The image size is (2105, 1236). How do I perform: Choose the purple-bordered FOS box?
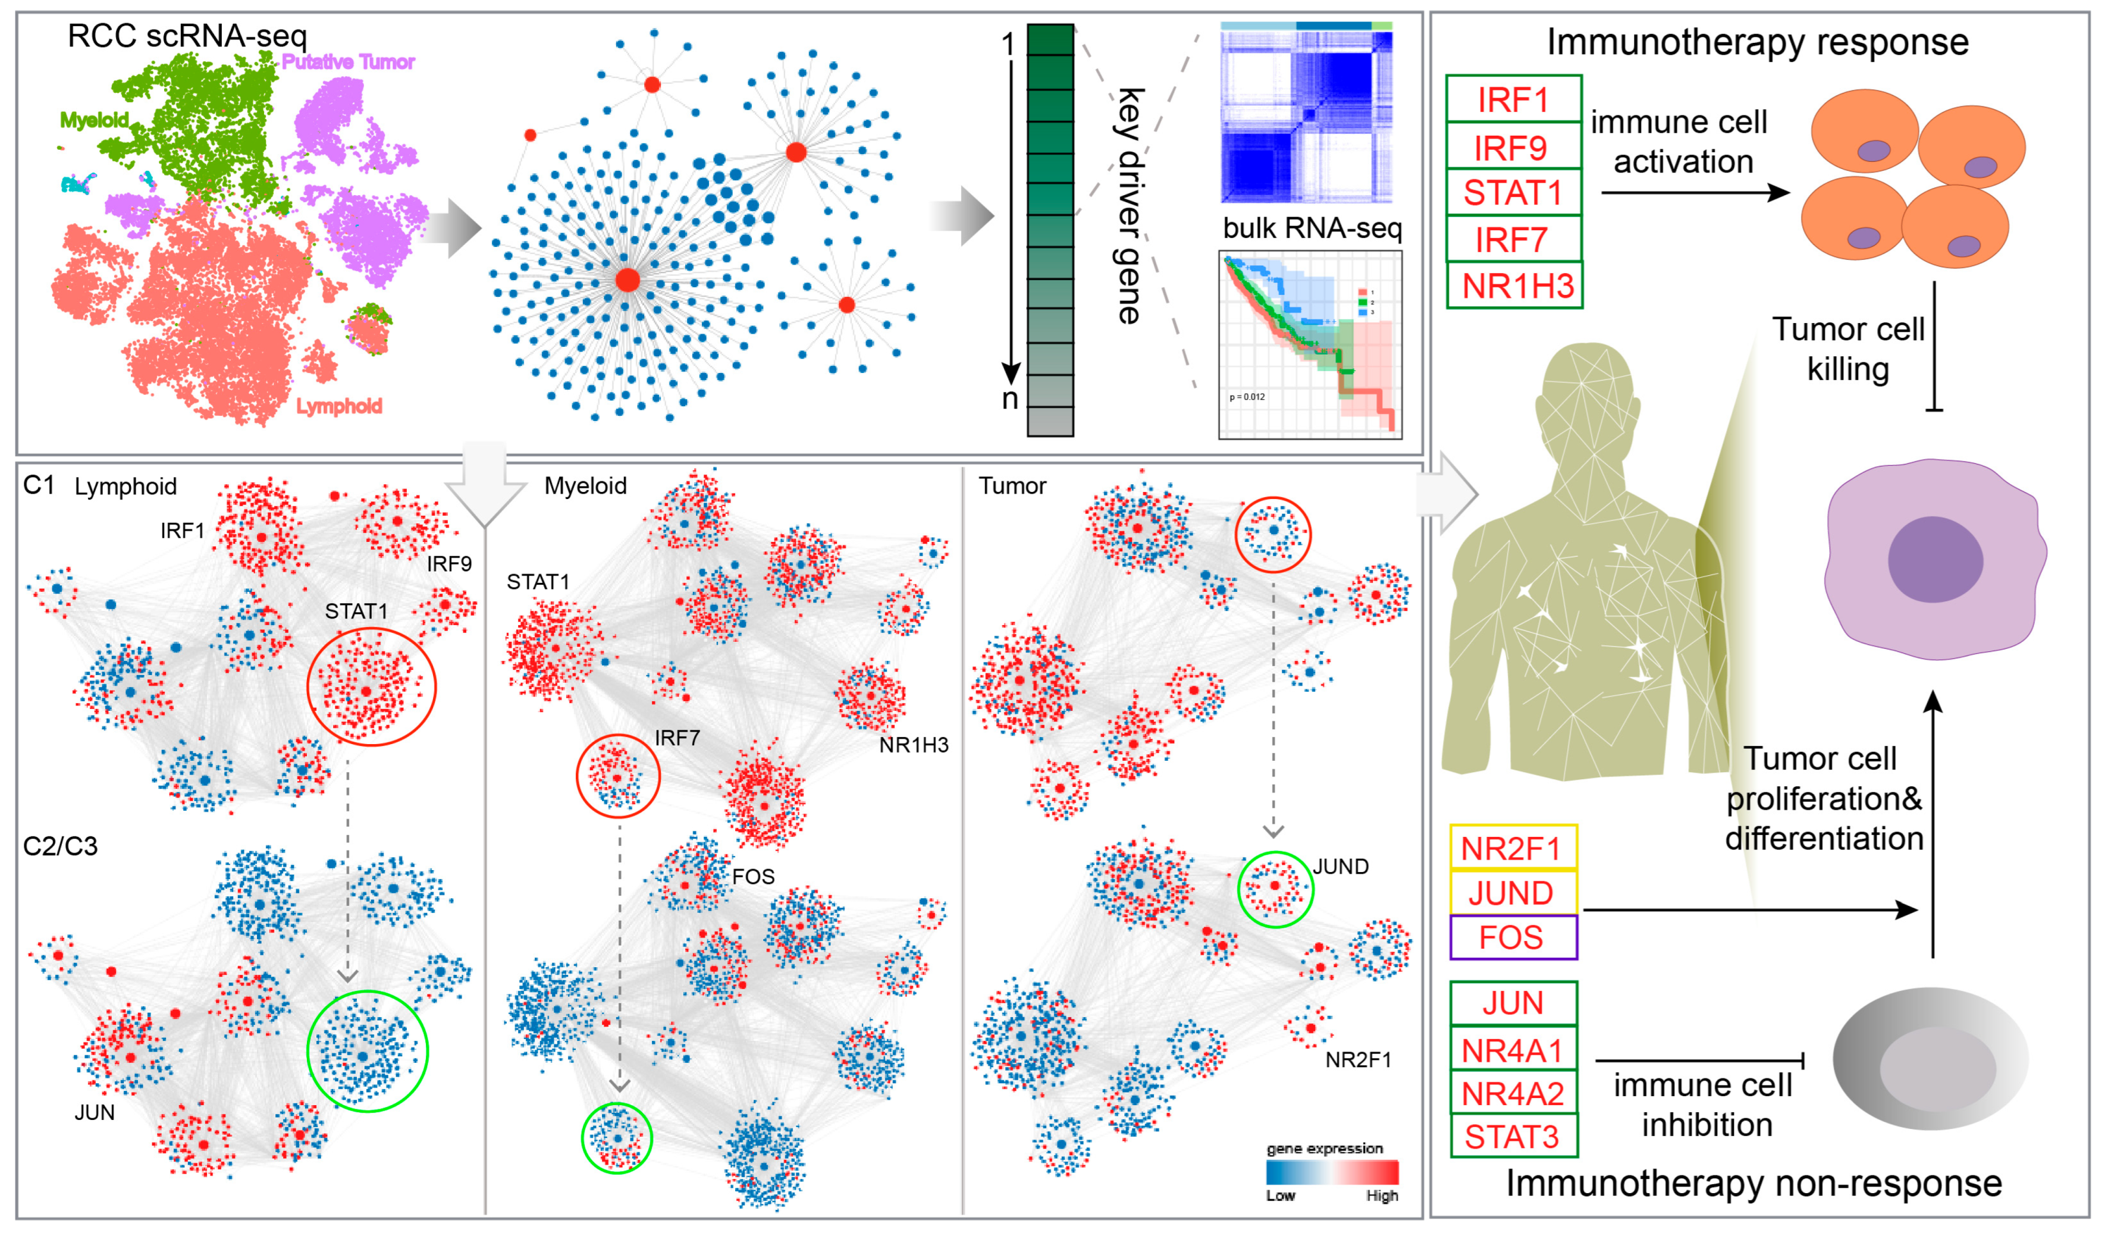coord(1513,937)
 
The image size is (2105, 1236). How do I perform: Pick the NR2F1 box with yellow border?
coord(1512,849)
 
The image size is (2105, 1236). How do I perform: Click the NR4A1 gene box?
coord(1513,1050)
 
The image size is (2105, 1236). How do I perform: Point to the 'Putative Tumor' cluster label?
coord(347,62)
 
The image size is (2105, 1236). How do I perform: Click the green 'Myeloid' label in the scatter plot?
coord(93,120)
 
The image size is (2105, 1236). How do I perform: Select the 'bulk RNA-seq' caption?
coord(1312,228)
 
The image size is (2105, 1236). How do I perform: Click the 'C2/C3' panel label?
coord(60,846)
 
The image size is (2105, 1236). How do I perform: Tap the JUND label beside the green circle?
coord(1340,867)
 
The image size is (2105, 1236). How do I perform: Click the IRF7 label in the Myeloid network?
coord(677,738)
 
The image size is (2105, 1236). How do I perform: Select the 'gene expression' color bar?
coord(1332,1172)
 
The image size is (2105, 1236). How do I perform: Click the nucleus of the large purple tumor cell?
coord(1935,559)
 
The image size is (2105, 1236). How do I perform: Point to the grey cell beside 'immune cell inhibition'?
coord(1930,1059)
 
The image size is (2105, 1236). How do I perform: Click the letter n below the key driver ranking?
coord(1010,399)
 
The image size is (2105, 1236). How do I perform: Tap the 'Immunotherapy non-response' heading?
coord(1753,1184)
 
